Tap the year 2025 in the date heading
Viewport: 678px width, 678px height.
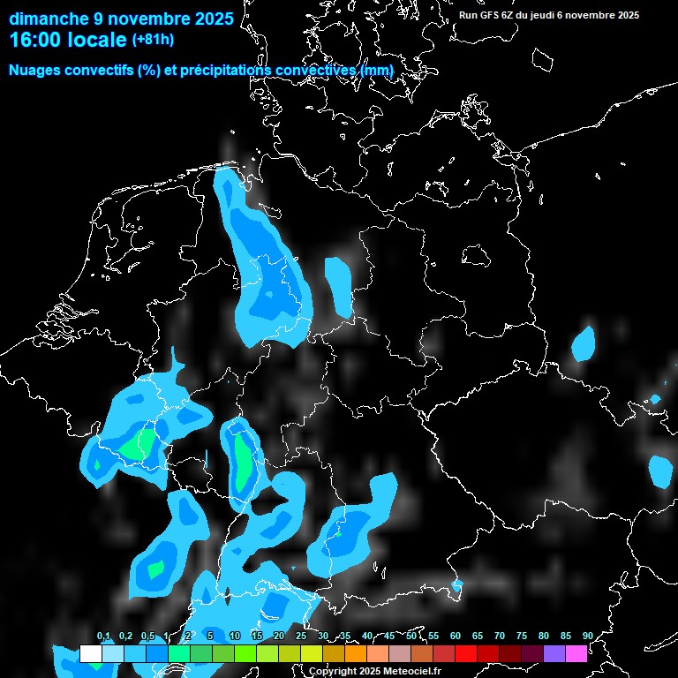(x=212, y=19)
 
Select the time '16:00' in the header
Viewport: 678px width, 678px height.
(x=34, y=40)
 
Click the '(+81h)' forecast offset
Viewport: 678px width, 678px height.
(x=153, y=40)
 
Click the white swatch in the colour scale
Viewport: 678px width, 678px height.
(x=90, y=654)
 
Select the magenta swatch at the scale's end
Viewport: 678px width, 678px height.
(x=576, y=654)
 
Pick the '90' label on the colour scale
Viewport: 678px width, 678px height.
(x=587, y=636)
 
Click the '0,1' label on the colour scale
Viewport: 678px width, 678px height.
(x=103, y=636)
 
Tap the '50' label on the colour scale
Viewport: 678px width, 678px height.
(x=411, y=636)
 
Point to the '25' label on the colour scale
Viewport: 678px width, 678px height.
(x=301, y=636)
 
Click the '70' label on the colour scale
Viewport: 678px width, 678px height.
(x=500, y=636)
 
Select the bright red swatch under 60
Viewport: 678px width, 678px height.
(x=466, y=654)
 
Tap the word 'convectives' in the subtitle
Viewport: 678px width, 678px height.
(x=316, y=70)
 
